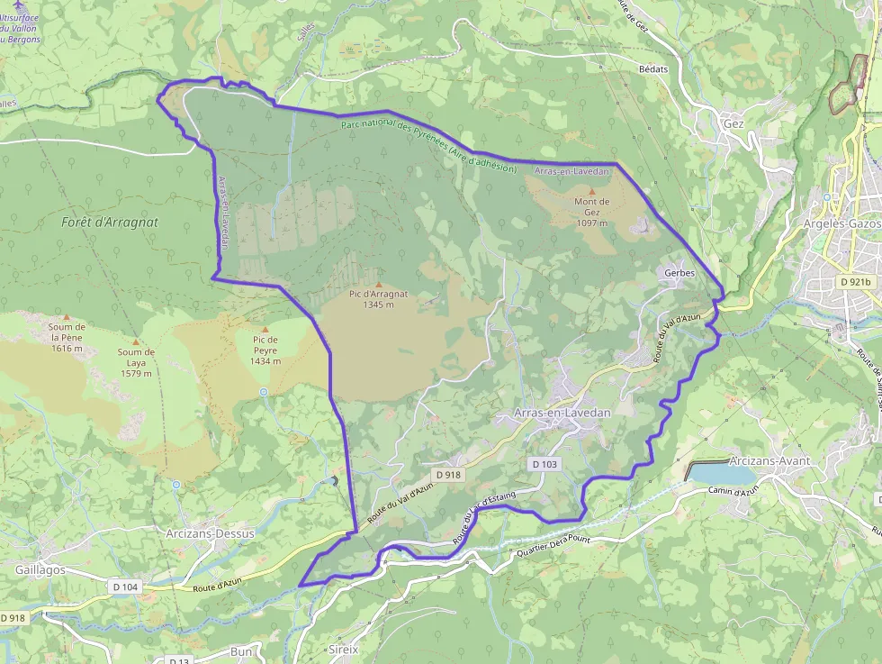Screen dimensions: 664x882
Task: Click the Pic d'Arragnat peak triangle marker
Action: [x=378, y=285]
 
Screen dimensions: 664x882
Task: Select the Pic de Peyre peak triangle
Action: [x=265, y=330]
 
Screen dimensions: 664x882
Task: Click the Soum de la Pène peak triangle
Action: [x=67, y=317]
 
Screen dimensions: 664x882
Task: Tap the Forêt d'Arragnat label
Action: [x=100, y=222]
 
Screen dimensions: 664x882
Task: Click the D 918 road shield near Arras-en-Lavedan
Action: [x=447, y=474]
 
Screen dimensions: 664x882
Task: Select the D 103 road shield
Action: [x=544, y=464]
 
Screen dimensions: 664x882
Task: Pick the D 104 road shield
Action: [x=125, y=587]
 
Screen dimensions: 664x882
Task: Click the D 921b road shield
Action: [x=855, y=281]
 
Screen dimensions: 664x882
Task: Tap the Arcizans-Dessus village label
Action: [x=211, y=533]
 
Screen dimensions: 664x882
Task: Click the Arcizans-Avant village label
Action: [x=770, y=460]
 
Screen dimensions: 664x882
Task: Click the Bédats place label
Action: [x=652, y=68]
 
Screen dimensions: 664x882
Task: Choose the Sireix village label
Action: [x=343, y=648]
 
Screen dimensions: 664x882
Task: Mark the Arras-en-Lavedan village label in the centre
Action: [x=562, y=412]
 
